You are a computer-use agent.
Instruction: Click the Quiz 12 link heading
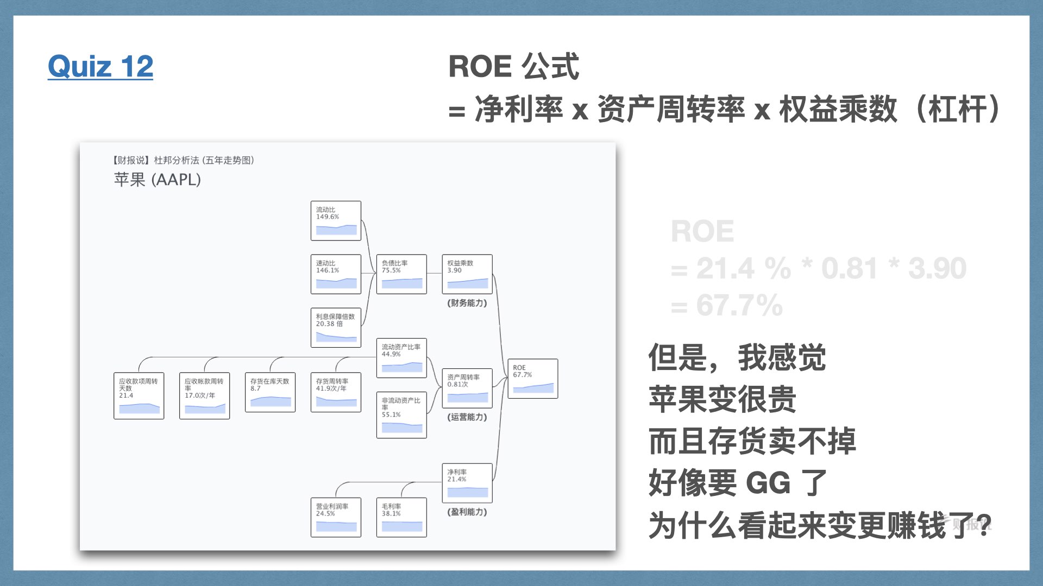100,67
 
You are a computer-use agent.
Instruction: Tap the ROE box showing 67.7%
532,379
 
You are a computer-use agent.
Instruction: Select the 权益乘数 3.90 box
467,274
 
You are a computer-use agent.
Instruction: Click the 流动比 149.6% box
336,221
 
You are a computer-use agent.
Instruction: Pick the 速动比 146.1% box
336,274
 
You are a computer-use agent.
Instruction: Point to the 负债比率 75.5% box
401,274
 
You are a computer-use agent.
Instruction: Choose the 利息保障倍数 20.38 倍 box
336,328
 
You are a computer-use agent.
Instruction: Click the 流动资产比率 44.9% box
401,358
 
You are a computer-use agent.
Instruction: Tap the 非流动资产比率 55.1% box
401,415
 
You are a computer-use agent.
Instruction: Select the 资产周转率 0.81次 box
467,388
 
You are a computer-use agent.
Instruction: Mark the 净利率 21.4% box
467,483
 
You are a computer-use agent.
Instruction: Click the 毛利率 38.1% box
401,518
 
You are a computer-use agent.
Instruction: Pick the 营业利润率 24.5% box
336,518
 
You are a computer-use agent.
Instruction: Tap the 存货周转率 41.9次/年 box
336,392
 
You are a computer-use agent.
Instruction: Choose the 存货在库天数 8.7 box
270,392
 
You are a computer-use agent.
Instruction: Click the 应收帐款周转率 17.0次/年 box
204,396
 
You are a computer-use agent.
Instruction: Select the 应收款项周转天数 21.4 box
139,396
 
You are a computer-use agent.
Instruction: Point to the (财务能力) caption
467,303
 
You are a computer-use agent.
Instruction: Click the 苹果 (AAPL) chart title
158,180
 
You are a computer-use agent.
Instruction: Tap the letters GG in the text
768,483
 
